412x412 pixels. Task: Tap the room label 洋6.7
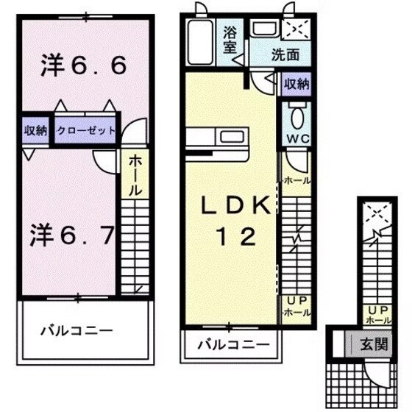pyautogui.click(x=72, y=235)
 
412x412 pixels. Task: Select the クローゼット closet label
pyautogui.click(x=86, y=131)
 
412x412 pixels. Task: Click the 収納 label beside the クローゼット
pyautogui.click(x=35, y=131)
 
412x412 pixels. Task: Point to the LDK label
pyautogui.click(x=230, y=207)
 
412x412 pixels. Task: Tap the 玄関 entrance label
pyautogui.click(x=371, y=343)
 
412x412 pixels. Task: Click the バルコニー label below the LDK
pyautogui.click(x=231, y=344)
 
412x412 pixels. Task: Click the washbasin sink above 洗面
pyautogui.click(x=263, y=29)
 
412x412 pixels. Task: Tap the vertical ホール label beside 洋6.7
pyautogui.click(x=135, y=175)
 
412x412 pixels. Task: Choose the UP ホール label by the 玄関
pyautogui.click(x=378, y=316)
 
